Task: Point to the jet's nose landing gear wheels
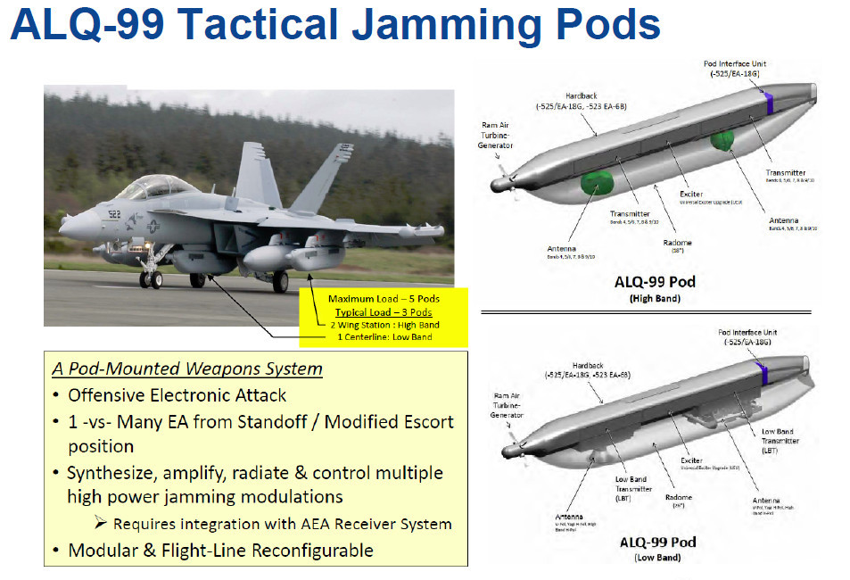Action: pos(151,279)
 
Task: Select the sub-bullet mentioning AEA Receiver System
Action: pos(282,524)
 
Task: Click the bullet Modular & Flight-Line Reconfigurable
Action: pos(220,551)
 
